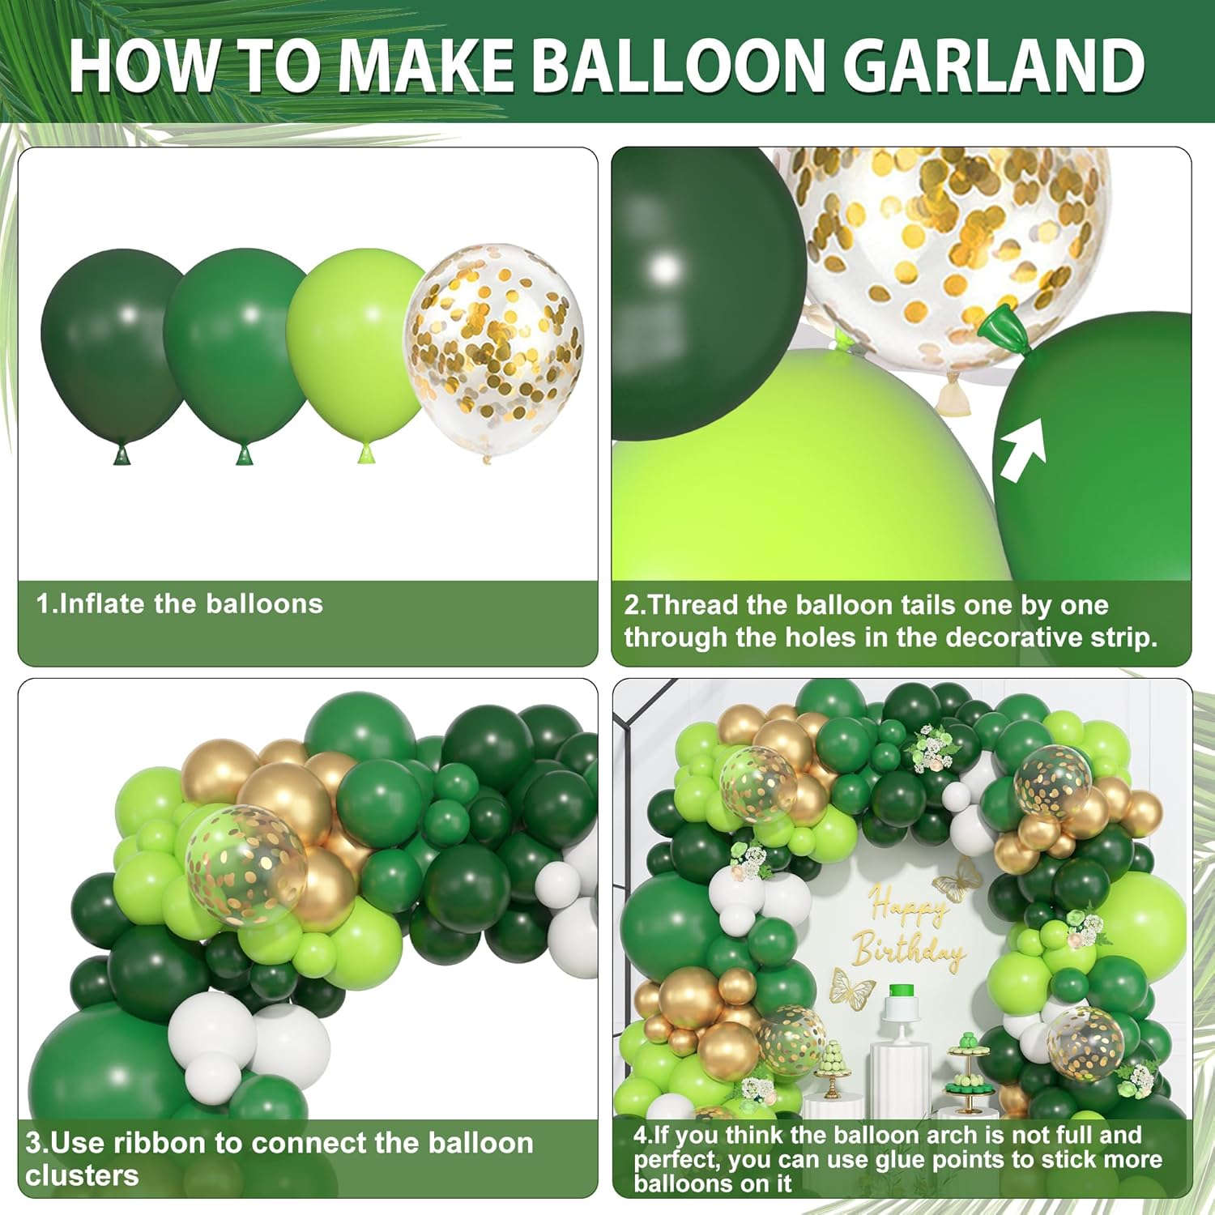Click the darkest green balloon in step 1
113,348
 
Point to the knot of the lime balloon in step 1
365,454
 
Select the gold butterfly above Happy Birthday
957,878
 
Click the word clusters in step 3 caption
82,1175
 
